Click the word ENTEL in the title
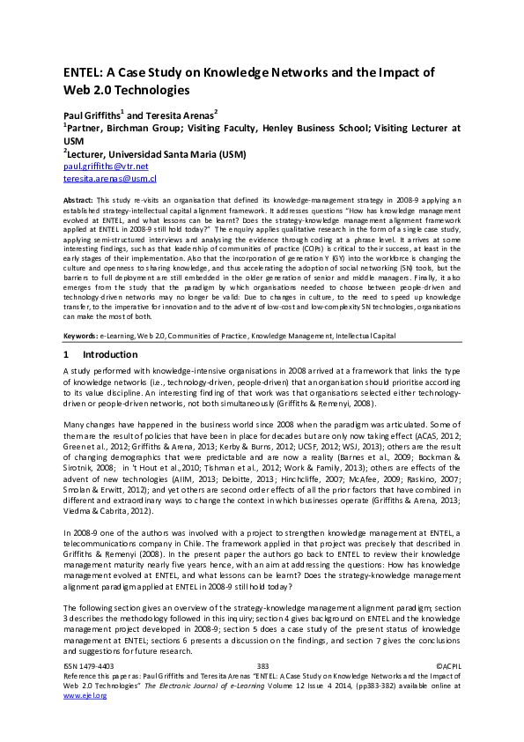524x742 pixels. coord(85,72)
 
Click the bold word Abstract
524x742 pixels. coord(81,202)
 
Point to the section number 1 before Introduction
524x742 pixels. coord(66,354)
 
